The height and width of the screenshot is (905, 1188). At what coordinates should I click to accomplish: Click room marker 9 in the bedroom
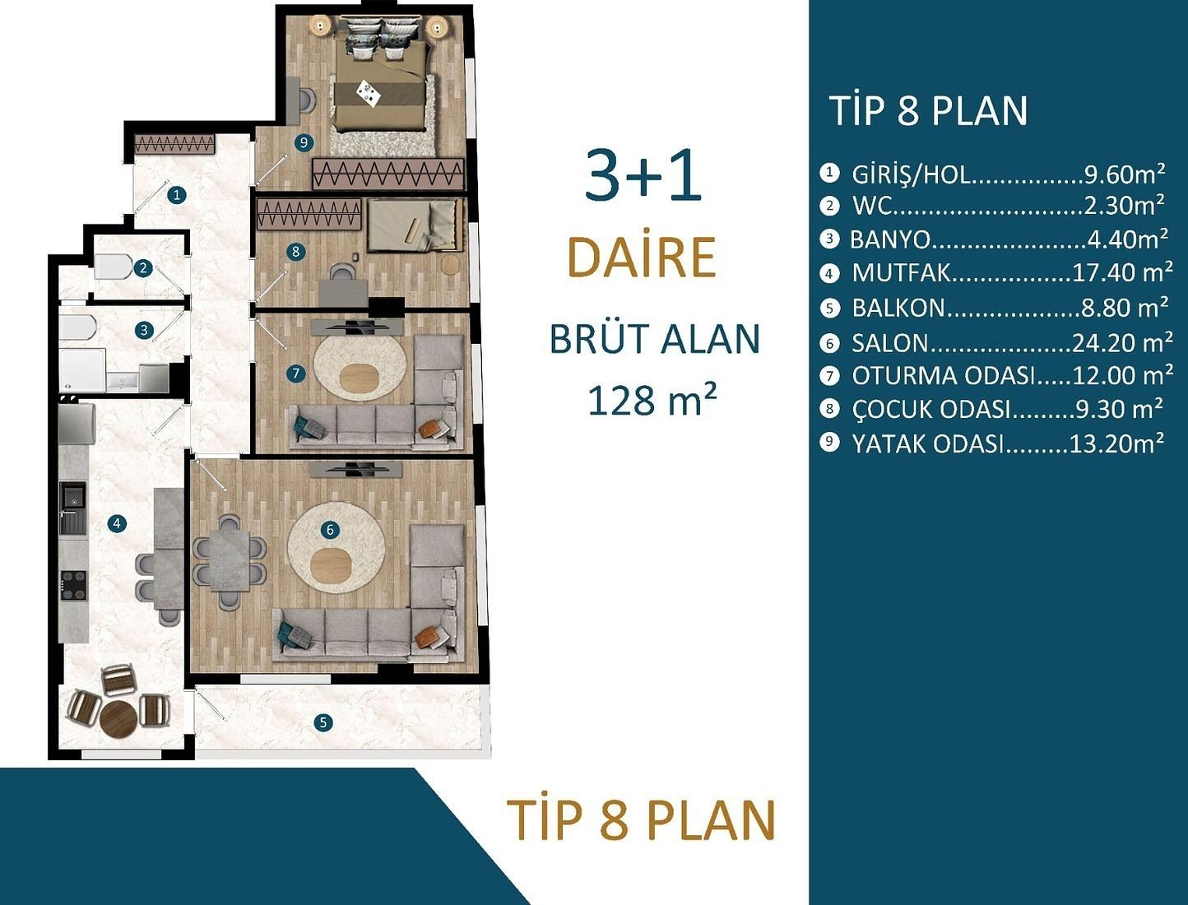pyautogui.click(x=304, y=142)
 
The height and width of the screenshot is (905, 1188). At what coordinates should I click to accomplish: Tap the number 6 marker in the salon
pyautogui.click(x=330, y=529)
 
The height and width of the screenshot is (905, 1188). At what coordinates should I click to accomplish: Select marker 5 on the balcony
pyautogui.click(x=323, y=722)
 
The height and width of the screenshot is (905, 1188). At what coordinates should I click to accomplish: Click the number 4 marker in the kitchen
pyautogui.click(x=118, y=523)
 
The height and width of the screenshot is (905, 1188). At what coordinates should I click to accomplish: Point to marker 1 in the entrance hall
pyautogui.click(x=176, y=195)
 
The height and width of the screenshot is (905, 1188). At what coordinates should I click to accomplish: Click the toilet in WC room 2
pyautogui.click(x=111, y=267)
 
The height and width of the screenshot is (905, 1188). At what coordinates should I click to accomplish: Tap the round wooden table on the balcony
pyautogui.click(x=118, y=717)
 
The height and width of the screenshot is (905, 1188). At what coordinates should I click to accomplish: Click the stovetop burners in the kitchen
pyautogui.click(x=73, y=584)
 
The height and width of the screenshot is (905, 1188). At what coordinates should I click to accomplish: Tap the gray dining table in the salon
pyautogui.click(x=229, y=560)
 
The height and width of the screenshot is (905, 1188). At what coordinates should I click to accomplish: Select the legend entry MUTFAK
pyautogui.click(x=901, y=272)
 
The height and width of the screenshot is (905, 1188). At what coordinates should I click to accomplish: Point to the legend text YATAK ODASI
pyautogui.click(x=928, y=443)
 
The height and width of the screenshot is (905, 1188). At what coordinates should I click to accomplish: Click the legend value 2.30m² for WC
pyautogui.click(x=1124, y=205)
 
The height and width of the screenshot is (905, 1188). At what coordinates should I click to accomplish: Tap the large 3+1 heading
pyautogui.click(x=643, y=175)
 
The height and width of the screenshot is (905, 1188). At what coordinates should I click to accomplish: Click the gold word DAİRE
pyautogui.click(x=642, y=258)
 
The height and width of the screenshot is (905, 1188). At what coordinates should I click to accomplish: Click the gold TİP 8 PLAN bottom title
pyautogui.click(x=642, y=820)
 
